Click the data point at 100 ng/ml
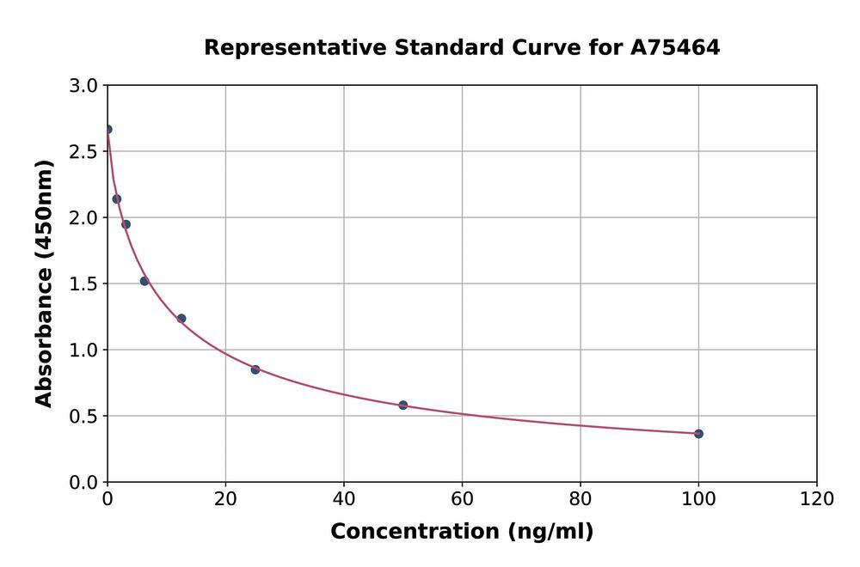(x=698, y=434)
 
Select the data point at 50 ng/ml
(x=402, y=405)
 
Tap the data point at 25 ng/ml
(x=255, y=369)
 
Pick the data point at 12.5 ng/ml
(x=181, y=319)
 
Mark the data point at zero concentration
(x=107, y=130)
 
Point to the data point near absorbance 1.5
(x=144, y=281)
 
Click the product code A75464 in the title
(x=675, y=48)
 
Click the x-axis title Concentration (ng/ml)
(x=462, y=532)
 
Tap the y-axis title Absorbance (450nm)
(x=44, y=283)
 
